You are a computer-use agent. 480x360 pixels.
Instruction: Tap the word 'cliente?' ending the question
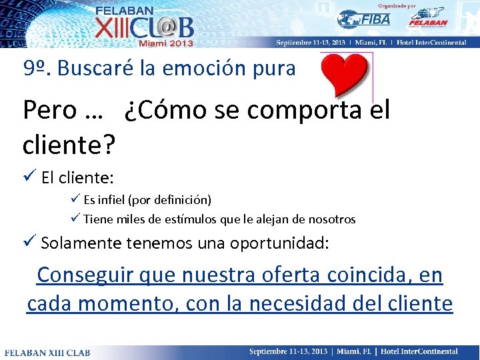[x=69, y=142]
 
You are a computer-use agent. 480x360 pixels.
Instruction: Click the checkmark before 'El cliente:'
[x=29, y=178]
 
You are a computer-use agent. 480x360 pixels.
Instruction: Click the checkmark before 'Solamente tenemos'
[x=29, y=243]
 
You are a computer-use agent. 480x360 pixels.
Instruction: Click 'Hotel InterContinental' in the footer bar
[x=419, y=351]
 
